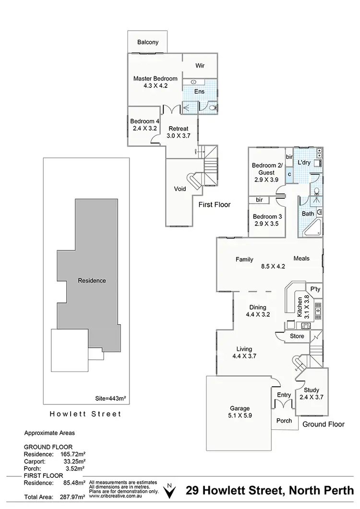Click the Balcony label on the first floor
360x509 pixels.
point(147,42)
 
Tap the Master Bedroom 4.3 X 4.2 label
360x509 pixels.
point(155,82)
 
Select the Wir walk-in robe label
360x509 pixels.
point(201,67)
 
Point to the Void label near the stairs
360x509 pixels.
point(180,189)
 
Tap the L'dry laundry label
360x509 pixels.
point(304,163)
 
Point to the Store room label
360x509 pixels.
point(297,336)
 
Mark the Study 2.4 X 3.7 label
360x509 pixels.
point(312,393)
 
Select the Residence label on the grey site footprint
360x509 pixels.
point(92,281)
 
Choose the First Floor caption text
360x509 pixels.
point(214,204)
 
